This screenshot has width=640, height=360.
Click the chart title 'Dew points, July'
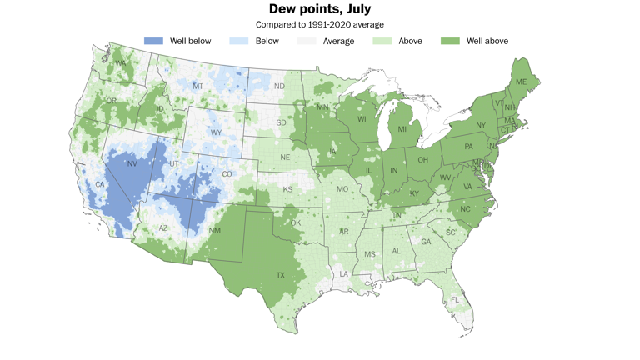(x=320, y=9)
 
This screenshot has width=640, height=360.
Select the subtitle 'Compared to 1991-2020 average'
(x=320, y=25)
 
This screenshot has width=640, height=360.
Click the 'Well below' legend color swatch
(x=153, y=41)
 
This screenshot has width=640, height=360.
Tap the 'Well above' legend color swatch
(x=451, y=41)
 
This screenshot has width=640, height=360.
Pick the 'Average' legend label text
(x=338, y=41)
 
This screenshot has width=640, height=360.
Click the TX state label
(x=280, y=275)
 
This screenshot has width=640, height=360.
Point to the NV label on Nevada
(x=132, y=164)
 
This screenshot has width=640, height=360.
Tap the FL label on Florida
(x=455, y=299)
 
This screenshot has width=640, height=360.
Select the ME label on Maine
(x=521, y=82)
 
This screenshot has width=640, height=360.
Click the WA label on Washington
(x=121, y=63)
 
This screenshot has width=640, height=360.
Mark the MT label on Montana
(x=197, y=86)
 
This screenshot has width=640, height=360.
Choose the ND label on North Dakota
(x=279, y=86)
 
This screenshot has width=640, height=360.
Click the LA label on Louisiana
(x=342, y=273)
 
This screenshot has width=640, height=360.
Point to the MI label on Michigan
(x=402, y=129)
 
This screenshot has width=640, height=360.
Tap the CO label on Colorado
(x=227, y=174)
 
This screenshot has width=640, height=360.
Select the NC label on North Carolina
(x=465, y=208)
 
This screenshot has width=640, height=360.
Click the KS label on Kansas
(x=287, y=190)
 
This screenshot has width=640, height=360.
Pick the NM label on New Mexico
(x=215, y=230)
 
